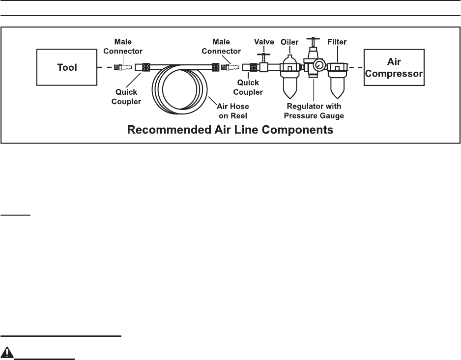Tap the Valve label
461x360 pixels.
264,42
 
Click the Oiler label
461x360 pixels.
289,42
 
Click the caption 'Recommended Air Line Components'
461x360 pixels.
230,131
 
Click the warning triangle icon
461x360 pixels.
7,352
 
